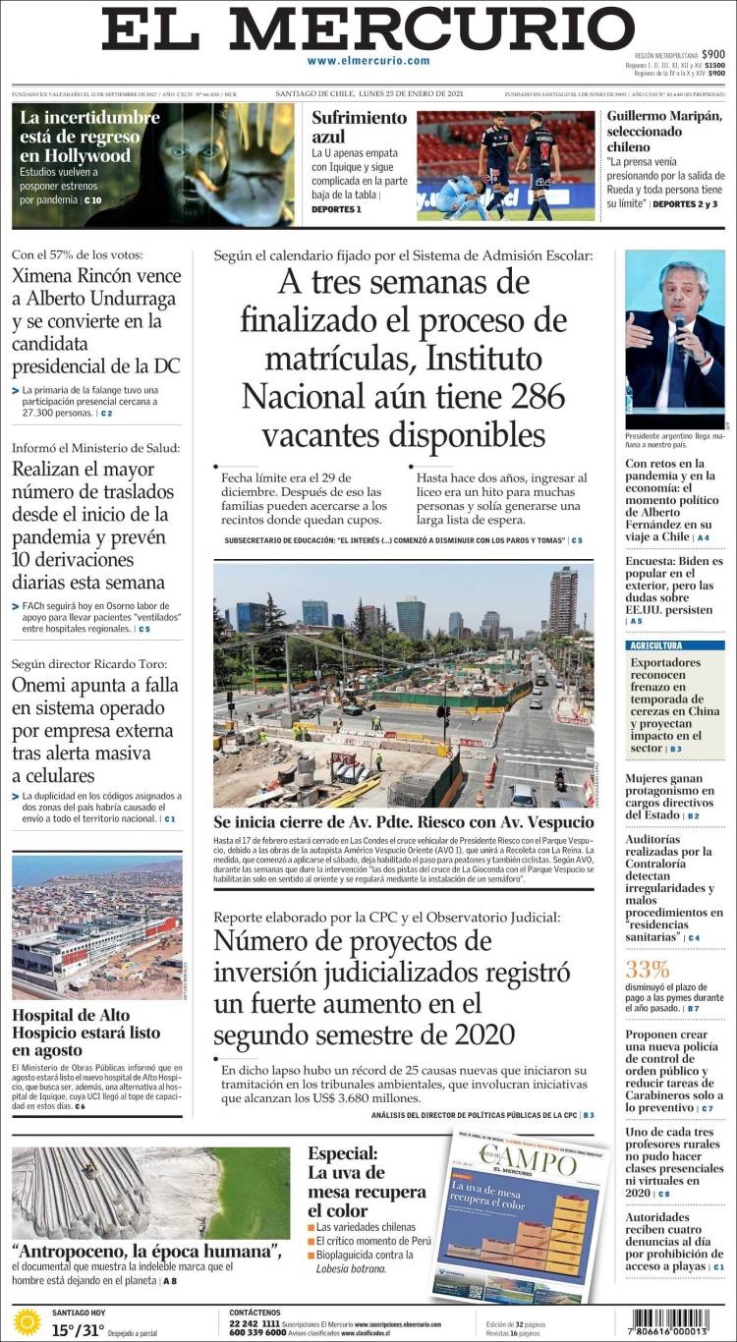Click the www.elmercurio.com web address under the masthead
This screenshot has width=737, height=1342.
[x=368, y=61]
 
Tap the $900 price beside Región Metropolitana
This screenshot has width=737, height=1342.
[x=713, y=55]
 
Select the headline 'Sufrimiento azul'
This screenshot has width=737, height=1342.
[x=359, y=126]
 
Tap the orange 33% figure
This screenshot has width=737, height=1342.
[x=647, y=971]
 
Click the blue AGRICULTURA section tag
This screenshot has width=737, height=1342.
[x=657, y=645]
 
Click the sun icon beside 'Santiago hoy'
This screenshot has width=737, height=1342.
[x=27, y=1321]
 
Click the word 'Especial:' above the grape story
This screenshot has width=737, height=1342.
[x=341, y=1153]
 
